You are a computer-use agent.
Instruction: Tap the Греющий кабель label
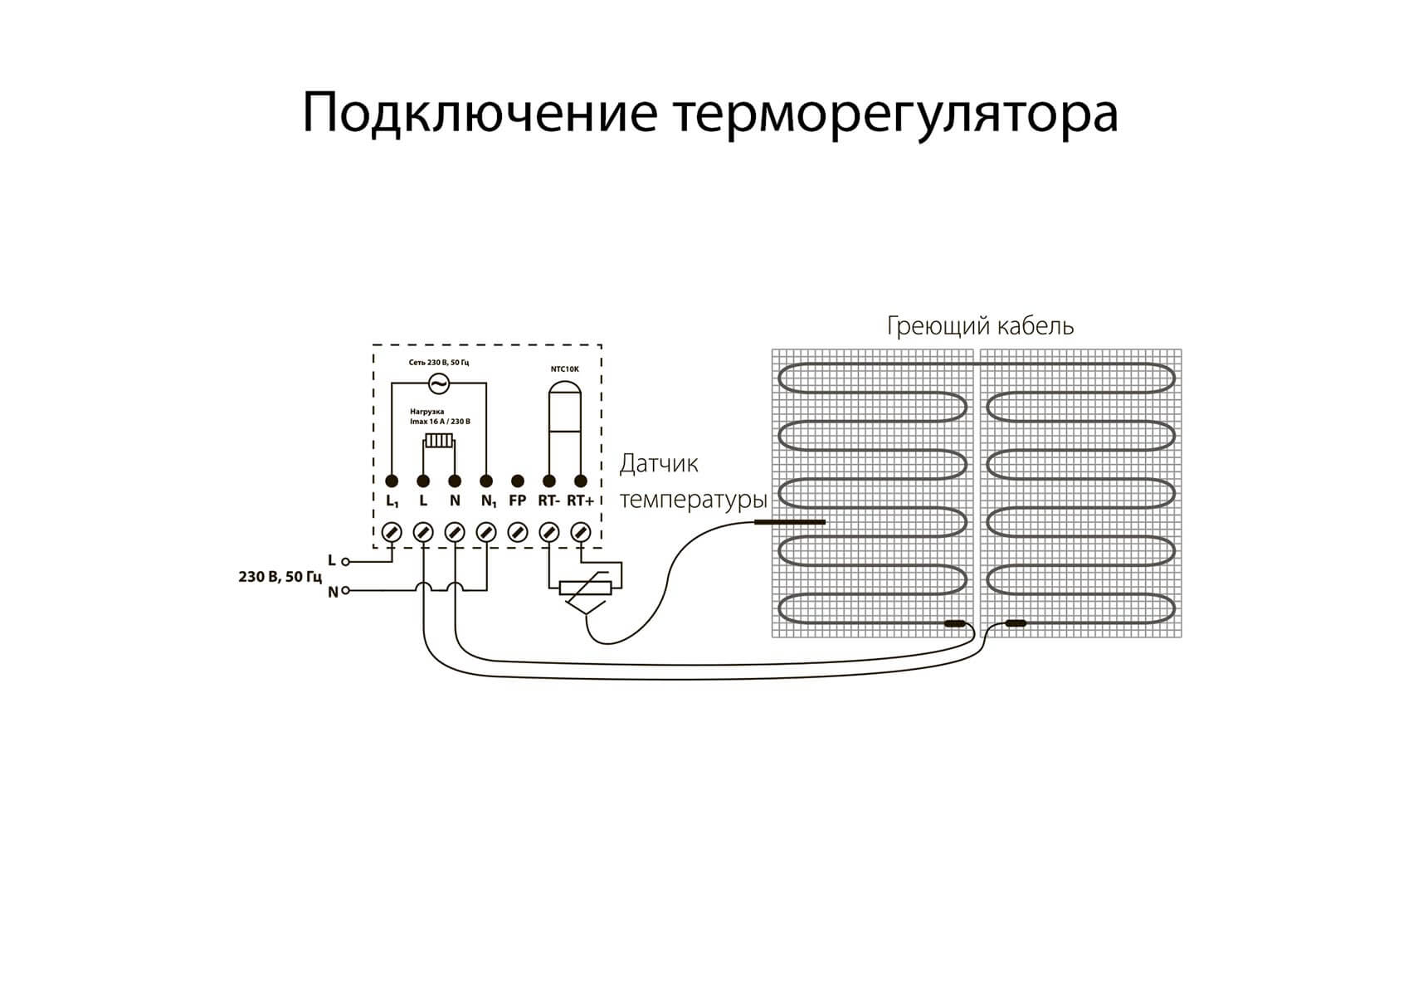tap(980, 325)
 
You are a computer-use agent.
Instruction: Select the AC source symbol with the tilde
tap(438, 383)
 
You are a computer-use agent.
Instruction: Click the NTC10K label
tap(565, 369)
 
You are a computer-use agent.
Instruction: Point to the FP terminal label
tap(517, 500)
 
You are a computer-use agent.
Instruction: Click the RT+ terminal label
tap(580, 500)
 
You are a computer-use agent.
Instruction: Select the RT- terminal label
tap(548, 500)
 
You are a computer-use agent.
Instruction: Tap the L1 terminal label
tap(392, 501)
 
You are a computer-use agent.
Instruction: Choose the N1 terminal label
tap(488, 501)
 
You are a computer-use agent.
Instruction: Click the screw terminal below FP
tap(517, 532)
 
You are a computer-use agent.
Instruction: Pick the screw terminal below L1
tap(392, 532)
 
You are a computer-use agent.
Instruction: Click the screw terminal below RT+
tap(581, 532)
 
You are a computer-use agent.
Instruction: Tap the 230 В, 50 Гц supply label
tap(280, 576)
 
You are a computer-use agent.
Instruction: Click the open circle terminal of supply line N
tap(345, 591)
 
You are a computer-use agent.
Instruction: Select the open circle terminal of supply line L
tap(345, 562)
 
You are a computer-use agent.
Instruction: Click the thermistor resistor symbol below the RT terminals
tap(586, 588)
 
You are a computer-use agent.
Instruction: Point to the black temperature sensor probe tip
tap(789, 522)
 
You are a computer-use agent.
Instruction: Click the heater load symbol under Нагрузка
tap(439, 441)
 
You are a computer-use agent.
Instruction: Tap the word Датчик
tap(659, 463)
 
